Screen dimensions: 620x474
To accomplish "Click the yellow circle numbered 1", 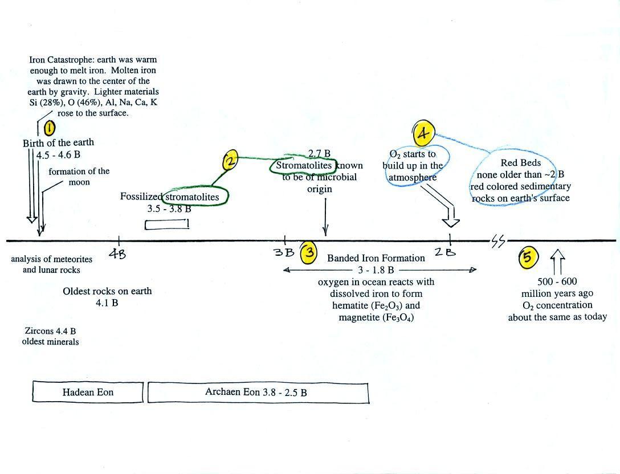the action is (50, 127).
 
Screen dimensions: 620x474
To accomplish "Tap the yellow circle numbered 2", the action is (230, 160).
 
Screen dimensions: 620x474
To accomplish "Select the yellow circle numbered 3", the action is (309, 252).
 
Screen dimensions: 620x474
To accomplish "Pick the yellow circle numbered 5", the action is (528, 257).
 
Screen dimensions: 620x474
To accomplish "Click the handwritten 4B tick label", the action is (117, 254).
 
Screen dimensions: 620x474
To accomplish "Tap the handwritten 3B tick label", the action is (284, 252).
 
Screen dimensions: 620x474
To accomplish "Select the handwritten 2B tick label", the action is (445, 251).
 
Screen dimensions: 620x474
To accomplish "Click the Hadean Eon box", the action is (88, 392).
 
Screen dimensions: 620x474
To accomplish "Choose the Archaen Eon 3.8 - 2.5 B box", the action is (258, 393).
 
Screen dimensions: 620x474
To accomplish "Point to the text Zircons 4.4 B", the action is (50, 331).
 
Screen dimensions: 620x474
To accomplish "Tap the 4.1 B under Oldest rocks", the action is (107, 303).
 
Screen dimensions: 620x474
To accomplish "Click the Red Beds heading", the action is (521, 162).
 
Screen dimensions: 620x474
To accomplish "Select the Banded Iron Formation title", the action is (376, 258).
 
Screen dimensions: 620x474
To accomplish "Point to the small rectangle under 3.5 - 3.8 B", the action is (167, 224).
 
